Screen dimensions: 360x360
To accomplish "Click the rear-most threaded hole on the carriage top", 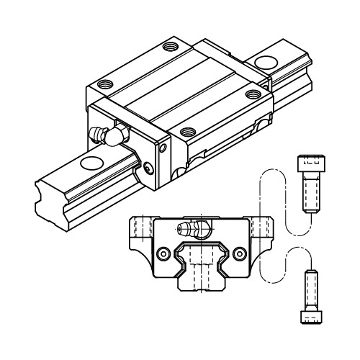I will pos(170,48).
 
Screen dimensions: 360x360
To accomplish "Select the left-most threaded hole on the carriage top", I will pos(105,83).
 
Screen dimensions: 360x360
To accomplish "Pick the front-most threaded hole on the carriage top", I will pos(187,132).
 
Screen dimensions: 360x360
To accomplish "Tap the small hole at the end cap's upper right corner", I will pos(163,149).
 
